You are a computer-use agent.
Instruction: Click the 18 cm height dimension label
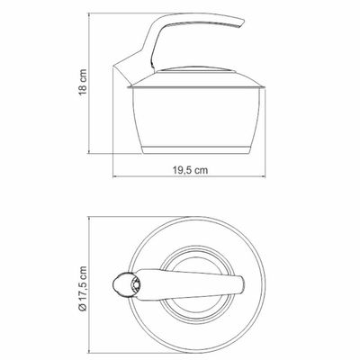coord(83,82)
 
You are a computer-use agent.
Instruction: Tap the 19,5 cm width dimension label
coord(190,170)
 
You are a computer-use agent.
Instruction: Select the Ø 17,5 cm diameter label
coord(83,289)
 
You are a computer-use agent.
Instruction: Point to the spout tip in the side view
coord(114,66)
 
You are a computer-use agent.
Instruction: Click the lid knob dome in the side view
coord(195,69)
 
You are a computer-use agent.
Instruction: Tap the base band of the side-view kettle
coord(196,150)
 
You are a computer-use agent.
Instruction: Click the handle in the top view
coord(189,284)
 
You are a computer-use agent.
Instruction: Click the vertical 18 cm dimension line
coord(89,83)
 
